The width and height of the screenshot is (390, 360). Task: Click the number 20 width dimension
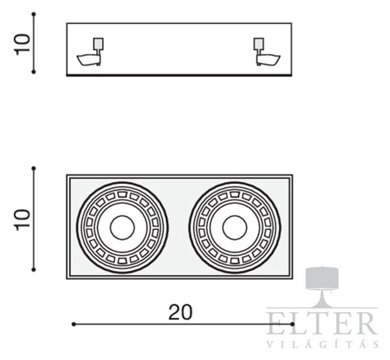(180, 313)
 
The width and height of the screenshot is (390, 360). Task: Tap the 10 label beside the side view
(22, 44)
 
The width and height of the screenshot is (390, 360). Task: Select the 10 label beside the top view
(22, 220)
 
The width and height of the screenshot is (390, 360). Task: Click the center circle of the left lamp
(122, 227)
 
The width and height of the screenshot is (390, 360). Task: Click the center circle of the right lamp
(235, 227)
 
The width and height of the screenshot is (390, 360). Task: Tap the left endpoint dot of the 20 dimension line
(73, 324)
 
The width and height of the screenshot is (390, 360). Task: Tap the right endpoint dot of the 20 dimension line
(292, 324)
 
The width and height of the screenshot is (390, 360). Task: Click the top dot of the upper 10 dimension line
(34, 14)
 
